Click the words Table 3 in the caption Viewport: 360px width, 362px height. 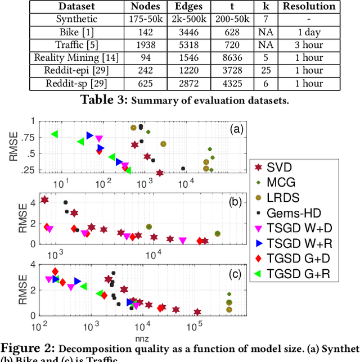point(98,100)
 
